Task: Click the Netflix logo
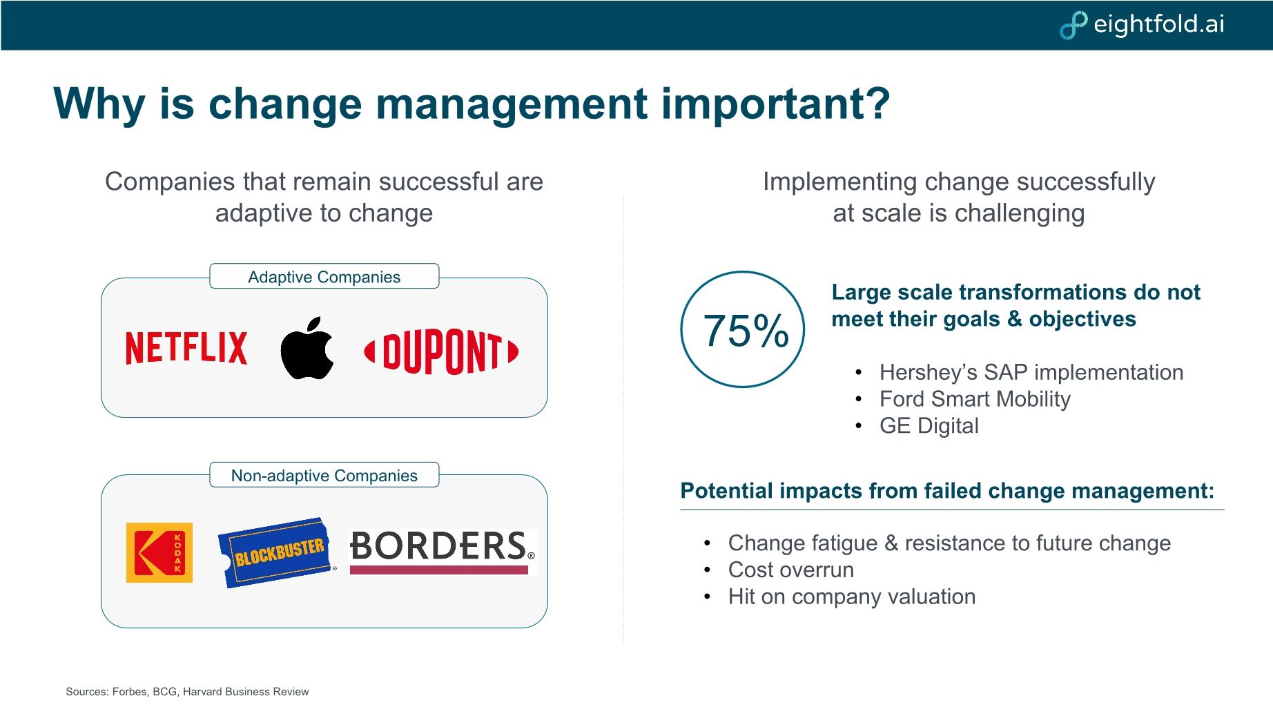186,347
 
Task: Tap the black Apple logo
307,349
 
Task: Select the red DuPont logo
441,351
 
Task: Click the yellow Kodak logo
159,552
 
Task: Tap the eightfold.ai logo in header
1143,24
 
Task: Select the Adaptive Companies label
324,277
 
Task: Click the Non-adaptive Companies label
324,476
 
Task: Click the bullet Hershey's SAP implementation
1031,372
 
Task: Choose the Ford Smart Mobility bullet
974,399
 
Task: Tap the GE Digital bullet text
929,426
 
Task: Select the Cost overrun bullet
790,570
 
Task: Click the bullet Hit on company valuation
851,597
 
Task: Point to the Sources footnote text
187,692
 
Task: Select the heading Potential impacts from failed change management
946,491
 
